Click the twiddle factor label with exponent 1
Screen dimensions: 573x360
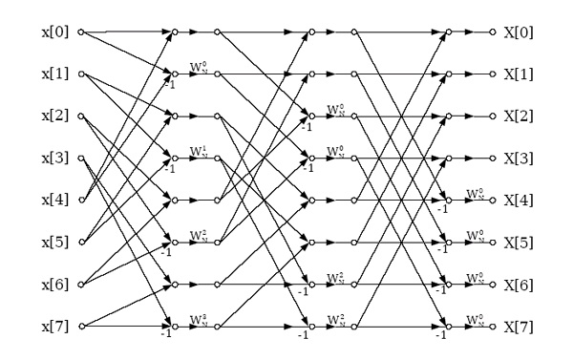point(198,151)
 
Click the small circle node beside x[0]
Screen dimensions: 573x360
point(80,32)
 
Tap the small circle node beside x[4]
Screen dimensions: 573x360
point(80,200)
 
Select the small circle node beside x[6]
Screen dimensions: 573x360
point(80,284)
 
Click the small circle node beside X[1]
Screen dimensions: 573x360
point(494,74)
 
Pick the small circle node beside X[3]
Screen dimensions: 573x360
point(494,158)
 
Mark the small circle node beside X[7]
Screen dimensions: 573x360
point(494,326)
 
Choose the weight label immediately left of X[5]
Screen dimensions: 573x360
point(475,235)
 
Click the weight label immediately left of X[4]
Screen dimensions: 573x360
point(475,193)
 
